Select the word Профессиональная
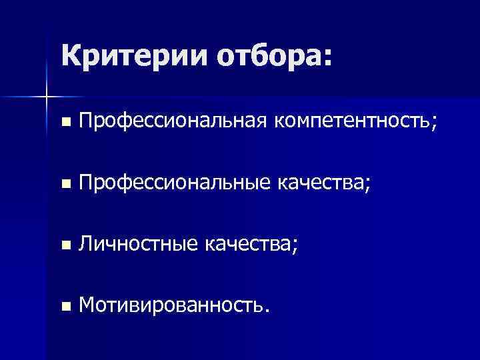pyautogui.click(x=172, y=122)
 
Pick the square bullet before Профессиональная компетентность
pyautogui.click(x=65, y=123)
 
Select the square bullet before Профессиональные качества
pyautogui.click(x=65, y=184)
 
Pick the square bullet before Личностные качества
pyautogui.click(x=65, y=245)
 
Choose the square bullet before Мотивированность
pyautogui.click(x=65, y=307)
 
